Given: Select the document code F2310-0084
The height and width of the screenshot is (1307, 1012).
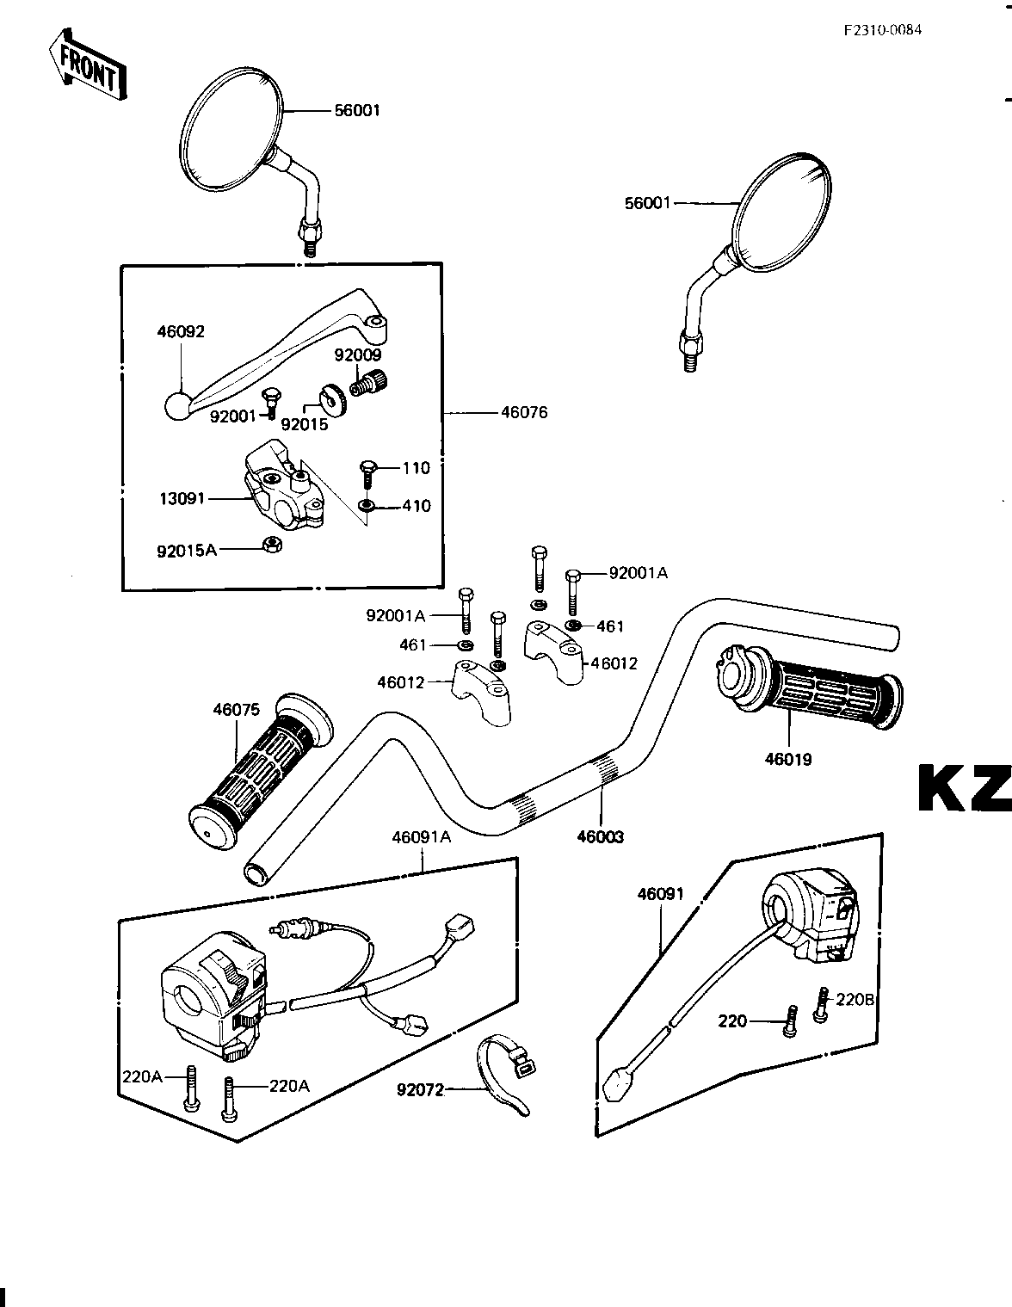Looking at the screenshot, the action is pos(883,30).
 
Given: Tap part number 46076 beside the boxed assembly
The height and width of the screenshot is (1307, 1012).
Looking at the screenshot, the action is pos(524,413).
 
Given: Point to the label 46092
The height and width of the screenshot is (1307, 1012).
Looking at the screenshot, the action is pos(181,331).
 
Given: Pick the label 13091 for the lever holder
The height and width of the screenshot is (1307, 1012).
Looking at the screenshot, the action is pos(182,498).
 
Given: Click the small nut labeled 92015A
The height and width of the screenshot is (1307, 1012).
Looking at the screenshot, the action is pos(273,545).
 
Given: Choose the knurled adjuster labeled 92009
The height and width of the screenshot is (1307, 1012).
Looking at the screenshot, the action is pos(368,383).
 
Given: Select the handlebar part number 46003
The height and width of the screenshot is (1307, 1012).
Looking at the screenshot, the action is pos(600,836).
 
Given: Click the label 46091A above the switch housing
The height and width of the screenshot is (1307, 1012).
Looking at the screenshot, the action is pos(421,836).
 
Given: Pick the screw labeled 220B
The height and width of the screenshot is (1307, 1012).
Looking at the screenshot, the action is pos(820,1004).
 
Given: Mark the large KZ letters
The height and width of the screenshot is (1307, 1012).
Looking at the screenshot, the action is pos(965,788).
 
